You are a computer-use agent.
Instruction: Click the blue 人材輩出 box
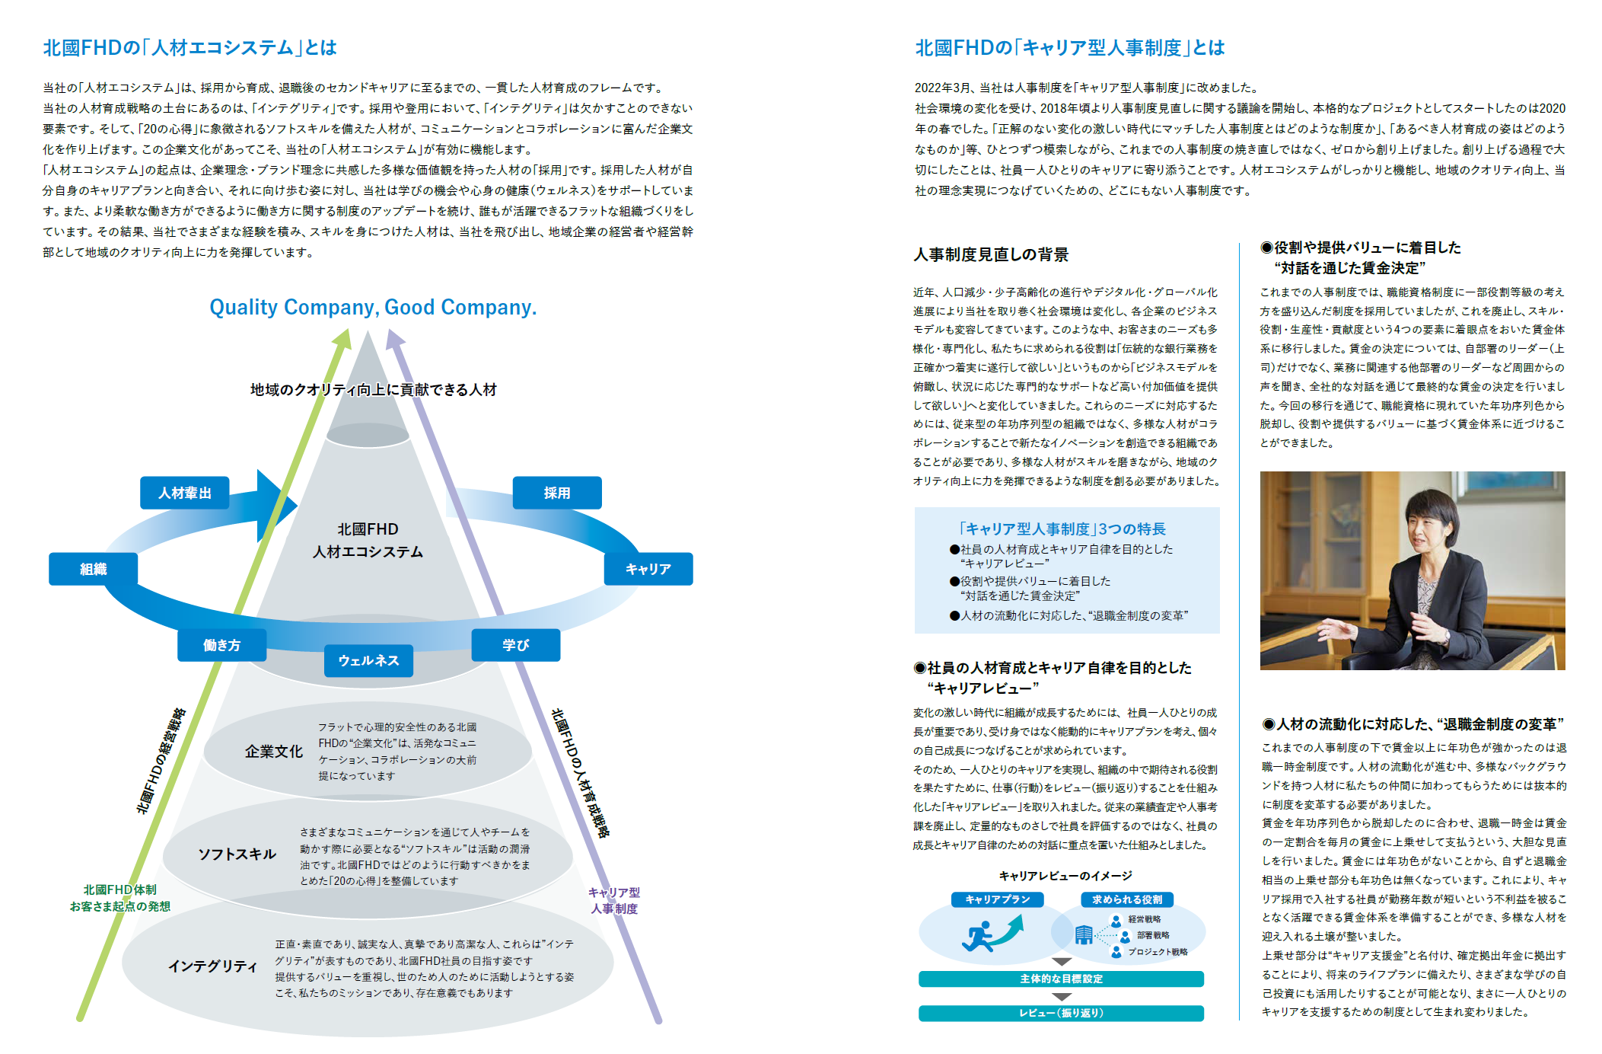(x=184, y=493)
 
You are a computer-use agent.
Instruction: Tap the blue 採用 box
(x=557, y=493)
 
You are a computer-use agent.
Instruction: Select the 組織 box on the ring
(x=93, y=569)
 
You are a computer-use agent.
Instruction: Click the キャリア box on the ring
(x=648, y=569)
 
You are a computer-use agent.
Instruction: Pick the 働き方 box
(x=221, y=645)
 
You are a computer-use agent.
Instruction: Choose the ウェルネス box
(x=368, y=660)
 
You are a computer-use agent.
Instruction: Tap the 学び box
(x=515, y=645)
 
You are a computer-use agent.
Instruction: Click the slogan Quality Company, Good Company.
(x=373, y=307)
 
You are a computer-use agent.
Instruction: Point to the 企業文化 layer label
(x=273, y=752)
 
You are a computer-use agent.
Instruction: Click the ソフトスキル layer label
(x=237, y=854)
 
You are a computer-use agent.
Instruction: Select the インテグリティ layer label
(x=212, y=966)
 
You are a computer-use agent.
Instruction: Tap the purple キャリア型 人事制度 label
(x=614, y=900)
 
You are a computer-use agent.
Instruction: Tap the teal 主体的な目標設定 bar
(x=1061, y=979)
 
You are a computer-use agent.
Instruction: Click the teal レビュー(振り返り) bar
(x=1061, y=1013)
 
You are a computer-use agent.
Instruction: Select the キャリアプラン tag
(x=997, y=899)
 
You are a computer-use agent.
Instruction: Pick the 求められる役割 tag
(x=1126, y=899)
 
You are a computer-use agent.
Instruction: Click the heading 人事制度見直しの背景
(x=991, y=254)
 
